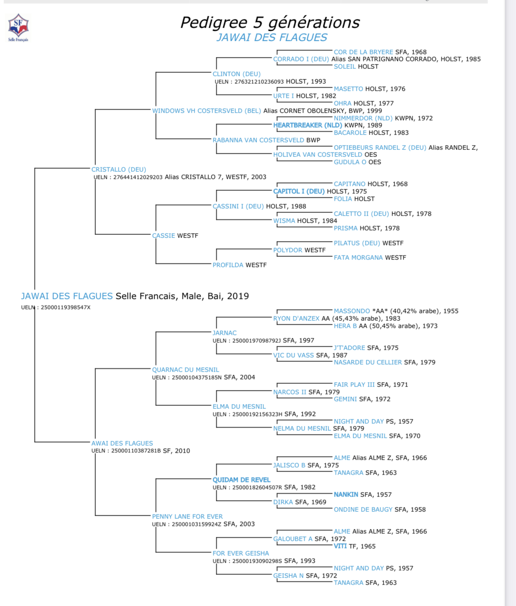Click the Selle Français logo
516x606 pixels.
click(18, 27)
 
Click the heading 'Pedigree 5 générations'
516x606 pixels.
click(270, 22)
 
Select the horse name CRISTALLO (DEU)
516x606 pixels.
click(119, 170)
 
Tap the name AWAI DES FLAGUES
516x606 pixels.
click(122, 443)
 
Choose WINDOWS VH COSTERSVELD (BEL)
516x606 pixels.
click(206, 111)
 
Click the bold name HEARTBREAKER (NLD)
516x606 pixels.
click(307, 125)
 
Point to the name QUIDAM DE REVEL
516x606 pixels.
click(241, 480)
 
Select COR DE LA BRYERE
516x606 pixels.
click(363, 52)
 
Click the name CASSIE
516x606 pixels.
click(163, 236)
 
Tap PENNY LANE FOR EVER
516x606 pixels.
click(187, 517)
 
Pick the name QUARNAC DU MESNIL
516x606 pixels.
click(186, 370)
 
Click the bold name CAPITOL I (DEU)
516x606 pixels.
click(299, 191)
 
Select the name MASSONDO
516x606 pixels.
click(352, 311)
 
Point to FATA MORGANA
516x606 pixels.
click(358, 258)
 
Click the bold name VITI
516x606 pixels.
click(340, 546)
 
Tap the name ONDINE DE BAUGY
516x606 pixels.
click(363, 510)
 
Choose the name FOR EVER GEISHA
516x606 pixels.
click(241, 553)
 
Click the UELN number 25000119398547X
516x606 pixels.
click(65, 308)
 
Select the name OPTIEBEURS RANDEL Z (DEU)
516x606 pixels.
click(380, 148)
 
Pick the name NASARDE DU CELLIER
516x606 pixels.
click(368, 362)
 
